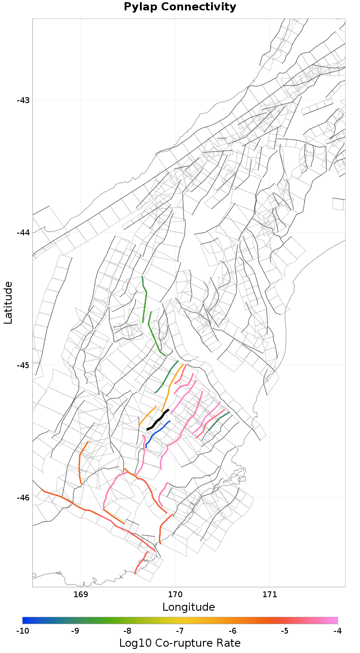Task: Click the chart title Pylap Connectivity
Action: pos(180,7)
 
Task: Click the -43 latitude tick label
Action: pos(23,100)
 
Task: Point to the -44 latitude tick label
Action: pos(23,233)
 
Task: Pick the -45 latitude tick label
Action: pos(23,365)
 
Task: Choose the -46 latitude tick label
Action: pos(23,497)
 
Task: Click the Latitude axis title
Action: pos(8,302)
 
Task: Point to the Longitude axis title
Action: pos(189,607)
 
